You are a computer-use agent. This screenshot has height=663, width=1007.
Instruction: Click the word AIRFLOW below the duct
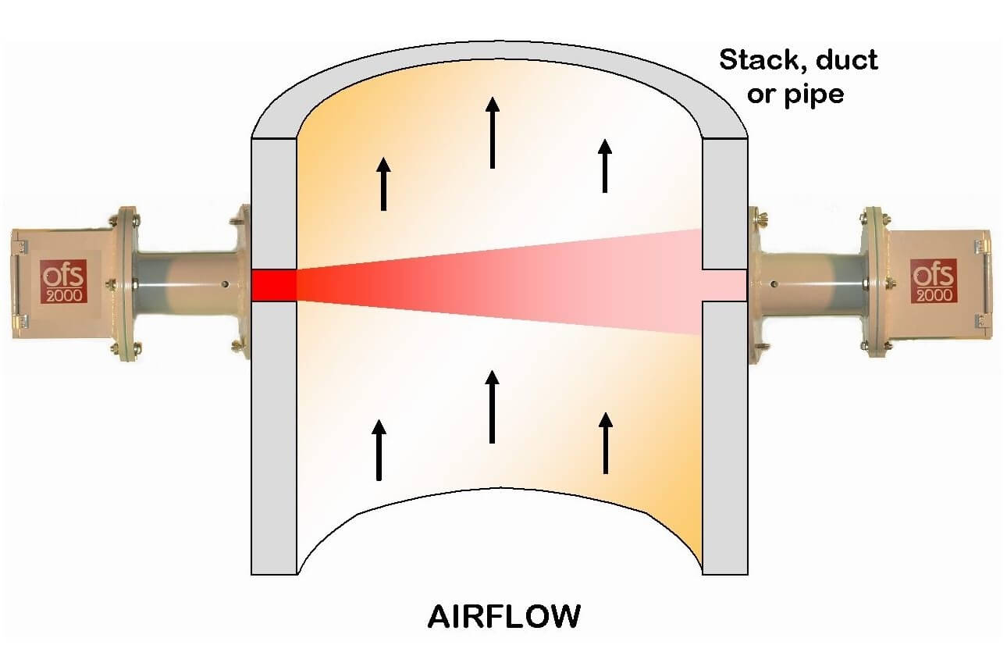tap(503, 617)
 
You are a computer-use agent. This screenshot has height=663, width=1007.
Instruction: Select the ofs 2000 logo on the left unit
tap(62, 283)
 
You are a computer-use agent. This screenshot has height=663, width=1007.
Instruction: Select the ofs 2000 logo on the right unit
tap(932, 281)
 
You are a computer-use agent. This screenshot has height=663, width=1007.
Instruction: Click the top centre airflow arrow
tap(492, 132)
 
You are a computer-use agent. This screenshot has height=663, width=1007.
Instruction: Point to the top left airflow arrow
tap(383, 184)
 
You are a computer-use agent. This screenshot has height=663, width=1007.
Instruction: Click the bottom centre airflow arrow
tap(492, 406)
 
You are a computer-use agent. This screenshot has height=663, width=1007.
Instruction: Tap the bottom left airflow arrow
tap(379, 450)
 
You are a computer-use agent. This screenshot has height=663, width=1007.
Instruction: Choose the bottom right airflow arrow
tap(606, 443)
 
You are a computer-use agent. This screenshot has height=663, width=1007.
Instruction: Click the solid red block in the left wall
tap(274, 285)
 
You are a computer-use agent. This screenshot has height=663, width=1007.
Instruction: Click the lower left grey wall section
tap(274, 437)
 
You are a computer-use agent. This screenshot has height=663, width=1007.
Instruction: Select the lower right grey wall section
tap(725, 437)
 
